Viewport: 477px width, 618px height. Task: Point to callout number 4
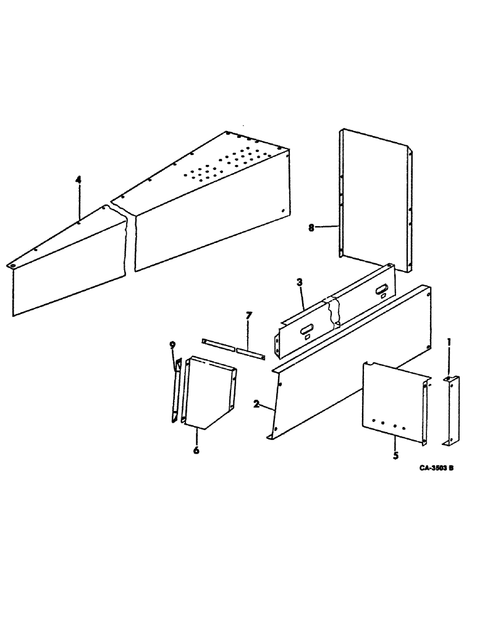78,180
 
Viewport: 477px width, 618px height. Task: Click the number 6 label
196,451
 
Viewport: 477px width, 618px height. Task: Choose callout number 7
248,316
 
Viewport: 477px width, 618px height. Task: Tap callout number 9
174,346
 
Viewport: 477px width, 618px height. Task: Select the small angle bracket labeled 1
449,410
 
